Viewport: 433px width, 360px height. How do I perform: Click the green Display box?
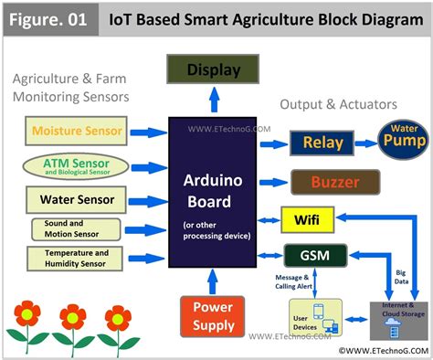tap(214, 69)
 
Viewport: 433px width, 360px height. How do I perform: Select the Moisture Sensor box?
tap(77, 131)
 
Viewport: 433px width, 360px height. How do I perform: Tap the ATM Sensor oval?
tap(76, 166)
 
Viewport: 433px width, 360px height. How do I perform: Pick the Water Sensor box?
tap(77, 199)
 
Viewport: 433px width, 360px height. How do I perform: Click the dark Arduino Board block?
tap(214, 193)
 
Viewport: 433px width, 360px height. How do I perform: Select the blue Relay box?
tap(322, 143)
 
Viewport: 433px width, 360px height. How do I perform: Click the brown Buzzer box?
tap(333, 182)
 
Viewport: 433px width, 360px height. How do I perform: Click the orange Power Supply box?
tap(214, 316)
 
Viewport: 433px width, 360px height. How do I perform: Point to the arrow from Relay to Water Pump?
tap(364, 143)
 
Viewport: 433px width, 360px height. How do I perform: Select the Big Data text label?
tap(401, 276)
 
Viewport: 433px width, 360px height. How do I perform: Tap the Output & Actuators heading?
tap(338, 104)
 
